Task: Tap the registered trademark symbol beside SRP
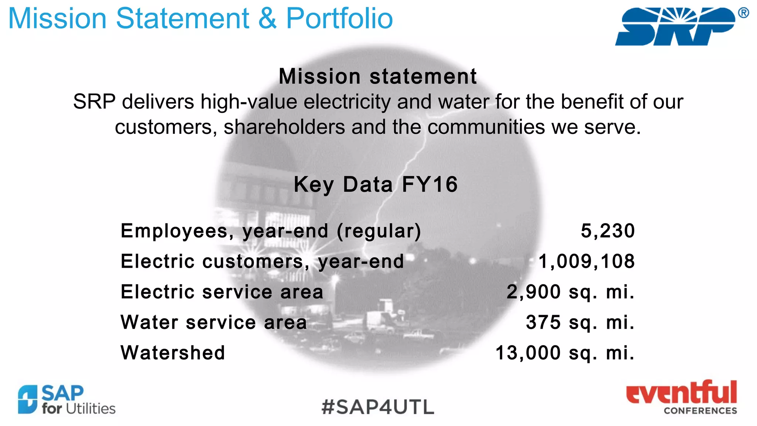pyautogui.click(x=743, y=13)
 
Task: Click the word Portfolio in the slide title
pyautogui.click(x=339, y=18)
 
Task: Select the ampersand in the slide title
pyautogui.click(x=267, y=18)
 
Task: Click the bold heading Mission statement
pyautogui.click(x=378, y=76)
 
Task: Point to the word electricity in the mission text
pyautogui.click(x=347, y=102)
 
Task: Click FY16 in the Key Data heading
pyautogui.click(x=430, y=184)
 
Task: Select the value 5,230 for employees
pyautogui.click(x=608, y=231)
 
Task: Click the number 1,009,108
pyautogui.click(x=587, y=261)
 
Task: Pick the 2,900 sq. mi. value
pyautogui.click(x=570, y=292)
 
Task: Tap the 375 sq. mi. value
pyautogui.click(x=580, y=322)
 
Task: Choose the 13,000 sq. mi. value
pyautogui.click(x=565, y=353)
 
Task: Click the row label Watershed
pyautogui.click(x=173, y=353)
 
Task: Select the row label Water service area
pyautogui.click(x=214, y=322)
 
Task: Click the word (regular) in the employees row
pyautogui.click(x=379, y=231)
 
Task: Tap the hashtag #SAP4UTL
pyautogui.click(x=378, y=407)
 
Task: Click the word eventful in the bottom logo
pyautogui.click(x=681, y=393)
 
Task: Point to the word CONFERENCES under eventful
pyautogui.click(x=700, y=410)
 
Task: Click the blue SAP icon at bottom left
pyautogui.click(x=28, y=399)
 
